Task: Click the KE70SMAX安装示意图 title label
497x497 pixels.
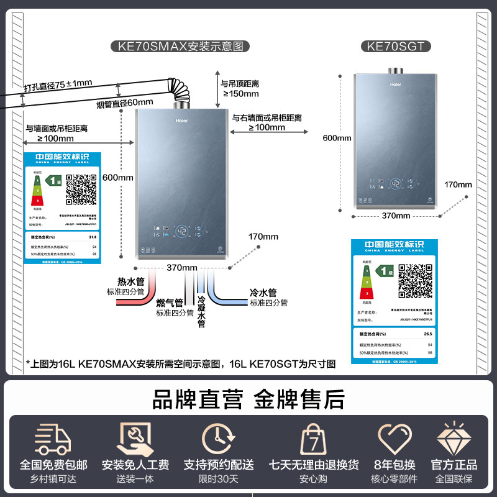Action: (x=180, y=46)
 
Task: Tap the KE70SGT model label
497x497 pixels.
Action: (x=396, y=46)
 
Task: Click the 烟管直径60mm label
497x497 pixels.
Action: (x=125, y=102)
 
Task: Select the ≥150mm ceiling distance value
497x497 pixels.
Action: (x=240, y=94)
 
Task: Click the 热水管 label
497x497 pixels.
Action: (x=130, y=281)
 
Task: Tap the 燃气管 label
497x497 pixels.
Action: (x=170, y=303)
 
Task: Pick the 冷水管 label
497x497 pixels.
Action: (x=263, y=293)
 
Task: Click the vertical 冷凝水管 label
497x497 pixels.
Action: (x=201, y=311)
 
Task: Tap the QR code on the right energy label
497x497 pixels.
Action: (x=416, y=281)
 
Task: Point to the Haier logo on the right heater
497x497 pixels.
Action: (x=396, y=83)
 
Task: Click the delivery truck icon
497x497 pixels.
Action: (x=53, y=439)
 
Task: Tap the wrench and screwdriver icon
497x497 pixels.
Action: (x=135, y=439)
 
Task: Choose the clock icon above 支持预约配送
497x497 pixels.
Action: (x=218, y=439)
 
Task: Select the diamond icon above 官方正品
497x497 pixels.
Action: (x=454, y=439)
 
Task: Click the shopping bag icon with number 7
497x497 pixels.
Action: (x=313, y=440)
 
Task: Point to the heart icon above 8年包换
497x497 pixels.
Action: (x=396, y=439)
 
